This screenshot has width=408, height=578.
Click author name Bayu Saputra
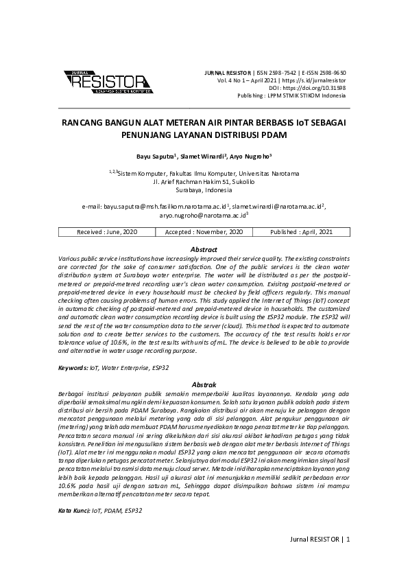(x=156, y=156)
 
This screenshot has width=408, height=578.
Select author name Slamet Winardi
(x=203, y=156)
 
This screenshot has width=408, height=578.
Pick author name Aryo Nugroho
(x=252, y=156)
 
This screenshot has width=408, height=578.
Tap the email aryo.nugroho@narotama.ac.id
(x=202, y=215)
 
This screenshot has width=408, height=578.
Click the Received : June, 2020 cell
(x=107, y=233)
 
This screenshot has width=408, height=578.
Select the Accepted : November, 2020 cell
(x=204, y=233)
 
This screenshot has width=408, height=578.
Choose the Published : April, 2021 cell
(x=301, y=233)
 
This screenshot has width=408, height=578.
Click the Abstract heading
(x=204, y=249)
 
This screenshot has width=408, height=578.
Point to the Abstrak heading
(x=204, y=384)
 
